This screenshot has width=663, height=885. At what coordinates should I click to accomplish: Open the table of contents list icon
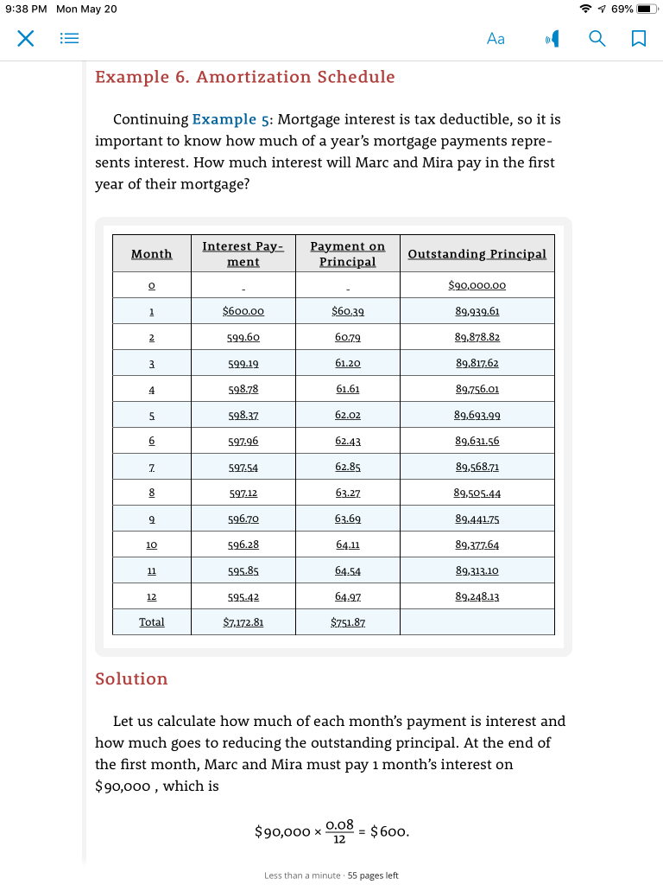[x=69, y=38]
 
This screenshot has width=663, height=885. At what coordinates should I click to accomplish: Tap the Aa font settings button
[x=496, y=38]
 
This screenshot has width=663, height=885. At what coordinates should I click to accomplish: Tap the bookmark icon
[x=638, y=38]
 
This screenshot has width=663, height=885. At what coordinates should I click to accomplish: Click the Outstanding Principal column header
[x=477, y=253]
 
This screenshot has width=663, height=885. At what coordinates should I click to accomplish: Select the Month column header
[x=151, y=253]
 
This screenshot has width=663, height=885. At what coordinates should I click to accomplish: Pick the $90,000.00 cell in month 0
[x=477, y=285]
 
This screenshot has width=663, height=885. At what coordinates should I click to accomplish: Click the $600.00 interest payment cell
[x=243, y=311]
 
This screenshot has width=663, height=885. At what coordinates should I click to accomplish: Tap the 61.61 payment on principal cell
[x=347, y=389]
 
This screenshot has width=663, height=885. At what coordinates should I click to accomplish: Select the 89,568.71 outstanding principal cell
[x=477, y=467]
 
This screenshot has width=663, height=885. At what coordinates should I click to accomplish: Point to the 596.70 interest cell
[x=243, y=519]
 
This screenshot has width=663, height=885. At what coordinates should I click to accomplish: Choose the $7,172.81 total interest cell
[x=243, y=622]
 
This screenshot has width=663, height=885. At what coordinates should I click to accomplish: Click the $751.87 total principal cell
[x=347, y=622]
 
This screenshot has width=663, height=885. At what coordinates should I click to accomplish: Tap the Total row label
[x=151, y=622]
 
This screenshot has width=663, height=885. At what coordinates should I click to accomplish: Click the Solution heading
[x=131, y=678]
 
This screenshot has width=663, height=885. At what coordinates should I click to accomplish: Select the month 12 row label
[x=151, y=596]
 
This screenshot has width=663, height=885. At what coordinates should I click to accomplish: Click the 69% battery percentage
[x=622, y=9]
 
